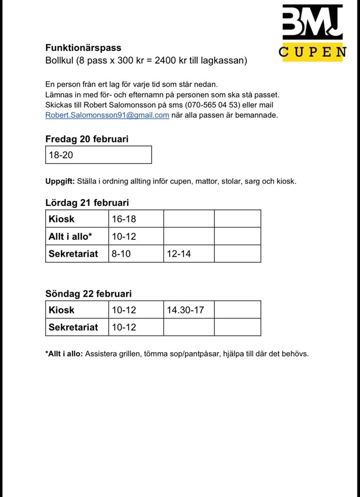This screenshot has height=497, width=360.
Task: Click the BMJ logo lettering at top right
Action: click(x=312, y=22)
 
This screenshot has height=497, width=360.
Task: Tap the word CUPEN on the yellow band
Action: click(x=312, y=52)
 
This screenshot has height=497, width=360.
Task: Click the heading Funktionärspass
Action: click(x=83, y=48)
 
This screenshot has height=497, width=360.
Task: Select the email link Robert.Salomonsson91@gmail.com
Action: click(x=107, y=115)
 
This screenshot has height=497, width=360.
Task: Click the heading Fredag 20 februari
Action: click(x=87, y=139)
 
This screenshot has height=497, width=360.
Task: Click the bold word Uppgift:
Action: click(x=61, y=181)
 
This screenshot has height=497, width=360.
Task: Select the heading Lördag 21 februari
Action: click(x=87, y=203)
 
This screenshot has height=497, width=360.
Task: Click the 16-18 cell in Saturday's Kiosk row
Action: click(x=124, y=219)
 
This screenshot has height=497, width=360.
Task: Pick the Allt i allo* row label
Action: click(x=70, y=237)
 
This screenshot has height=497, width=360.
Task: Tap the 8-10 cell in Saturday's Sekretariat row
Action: click(x=122, y=254)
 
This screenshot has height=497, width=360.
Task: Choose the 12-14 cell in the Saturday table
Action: click(x=179, y=254)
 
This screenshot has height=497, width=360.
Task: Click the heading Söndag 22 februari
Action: click(x=89, y=294)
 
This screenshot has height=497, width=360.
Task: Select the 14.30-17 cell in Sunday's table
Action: click(x=185, y=310)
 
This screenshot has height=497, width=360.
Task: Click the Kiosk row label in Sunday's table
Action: click(x=62, y=310)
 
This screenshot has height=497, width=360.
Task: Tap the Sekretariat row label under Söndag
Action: click(x=73, y=327)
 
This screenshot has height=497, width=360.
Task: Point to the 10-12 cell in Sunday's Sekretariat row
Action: click(x=124, y=327)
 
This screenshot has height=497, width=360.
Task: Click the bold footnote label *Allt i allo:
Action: click(x=64, y=354)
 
